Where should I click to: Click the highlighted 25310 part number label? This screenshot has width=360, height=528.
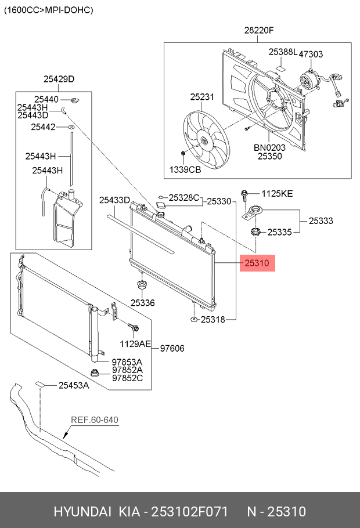(257, 263)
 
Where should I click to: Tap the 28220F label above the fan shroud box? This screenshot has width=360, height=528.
(259, 30)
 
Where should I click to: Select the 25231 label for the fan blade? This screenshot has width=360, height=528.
(202, 97)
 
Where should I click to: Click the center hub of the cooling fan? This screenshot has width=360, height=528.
(204, 142)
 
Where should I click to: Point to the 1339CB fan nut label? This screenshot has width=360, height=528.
(185, 169)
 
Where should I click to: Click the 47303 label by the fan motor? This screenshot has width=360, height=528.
(311, 54)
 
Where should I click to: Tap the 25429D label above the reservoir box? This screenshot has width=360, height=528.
(59, 79)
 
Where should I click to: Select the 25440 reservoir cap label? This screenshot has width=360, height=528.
(46, 99)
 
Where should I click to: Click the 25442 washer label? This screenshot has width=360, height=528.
(43, 127)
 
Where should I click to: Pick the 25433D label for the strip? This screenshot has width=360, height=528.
(114, 200)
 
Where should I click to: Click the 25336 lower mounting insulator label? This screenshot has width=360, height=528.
(143, 303)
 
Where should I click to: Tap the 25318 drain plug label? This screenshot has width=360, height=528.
(213, 320)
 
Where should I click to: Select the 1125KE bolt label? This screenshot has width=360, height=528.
(277, 194)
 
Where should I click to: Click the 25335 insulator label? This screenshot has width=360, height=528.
(279, 232)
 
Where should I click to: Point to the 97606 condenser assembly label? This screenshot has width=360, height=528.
(172, 348)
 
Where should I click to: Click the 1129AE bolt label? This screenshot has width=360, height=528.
(135, 344)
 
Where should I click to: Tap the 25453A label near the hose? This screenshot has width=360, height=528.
(74, 385)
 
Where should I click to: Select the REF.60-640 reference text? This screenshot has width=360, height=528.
(95, 420)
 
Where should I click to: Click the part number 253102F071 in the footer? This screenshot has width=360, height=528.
(189, 512)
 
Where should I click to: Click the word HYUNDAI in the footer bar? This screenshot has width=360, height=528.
(82, 512)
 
